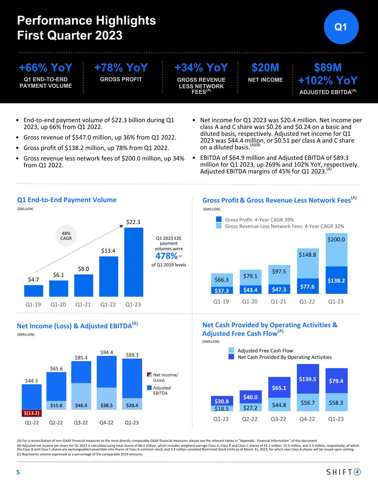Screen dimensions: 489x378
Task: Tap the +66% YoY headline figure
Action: coord(46,68)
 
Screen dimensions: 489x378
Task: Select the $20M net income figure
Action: coord(265,68)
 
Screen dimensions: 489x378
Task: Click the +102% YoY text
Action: coord(328,80)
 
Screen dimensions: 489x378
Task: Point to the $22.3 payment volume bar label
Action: coord(133,222)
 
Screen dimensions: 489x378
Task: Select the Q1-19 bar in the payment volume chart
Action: coord(34,291)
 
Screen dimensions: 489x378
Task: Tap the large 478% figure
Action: coord(167,256)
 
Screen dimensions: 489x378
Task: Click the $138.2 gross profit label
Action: coord(336,281)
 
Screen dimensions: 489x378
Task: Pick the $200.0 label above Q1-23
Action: coord(336,239)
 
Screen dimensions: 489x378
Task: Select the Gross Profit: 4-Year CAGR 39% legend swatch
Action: coord(219,220)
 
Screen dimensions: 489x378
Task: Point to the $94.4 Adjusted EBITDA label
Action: coord(107,352)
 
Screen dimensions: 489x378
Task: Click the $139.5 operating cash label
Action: coord(307,379)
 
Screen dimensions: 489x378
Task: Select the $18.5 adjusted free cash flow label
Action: coord(222,408)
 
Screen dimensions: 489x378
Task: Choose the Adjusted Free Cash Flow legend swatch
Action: coord(231,350)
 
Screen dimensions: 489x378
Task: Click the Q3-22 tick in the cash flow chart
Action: coord(278,419)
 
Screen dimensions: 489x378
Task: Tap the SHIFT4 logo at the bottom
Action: coord(343,472)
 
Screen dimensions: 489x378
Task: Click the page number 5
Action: coord(18,472)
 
